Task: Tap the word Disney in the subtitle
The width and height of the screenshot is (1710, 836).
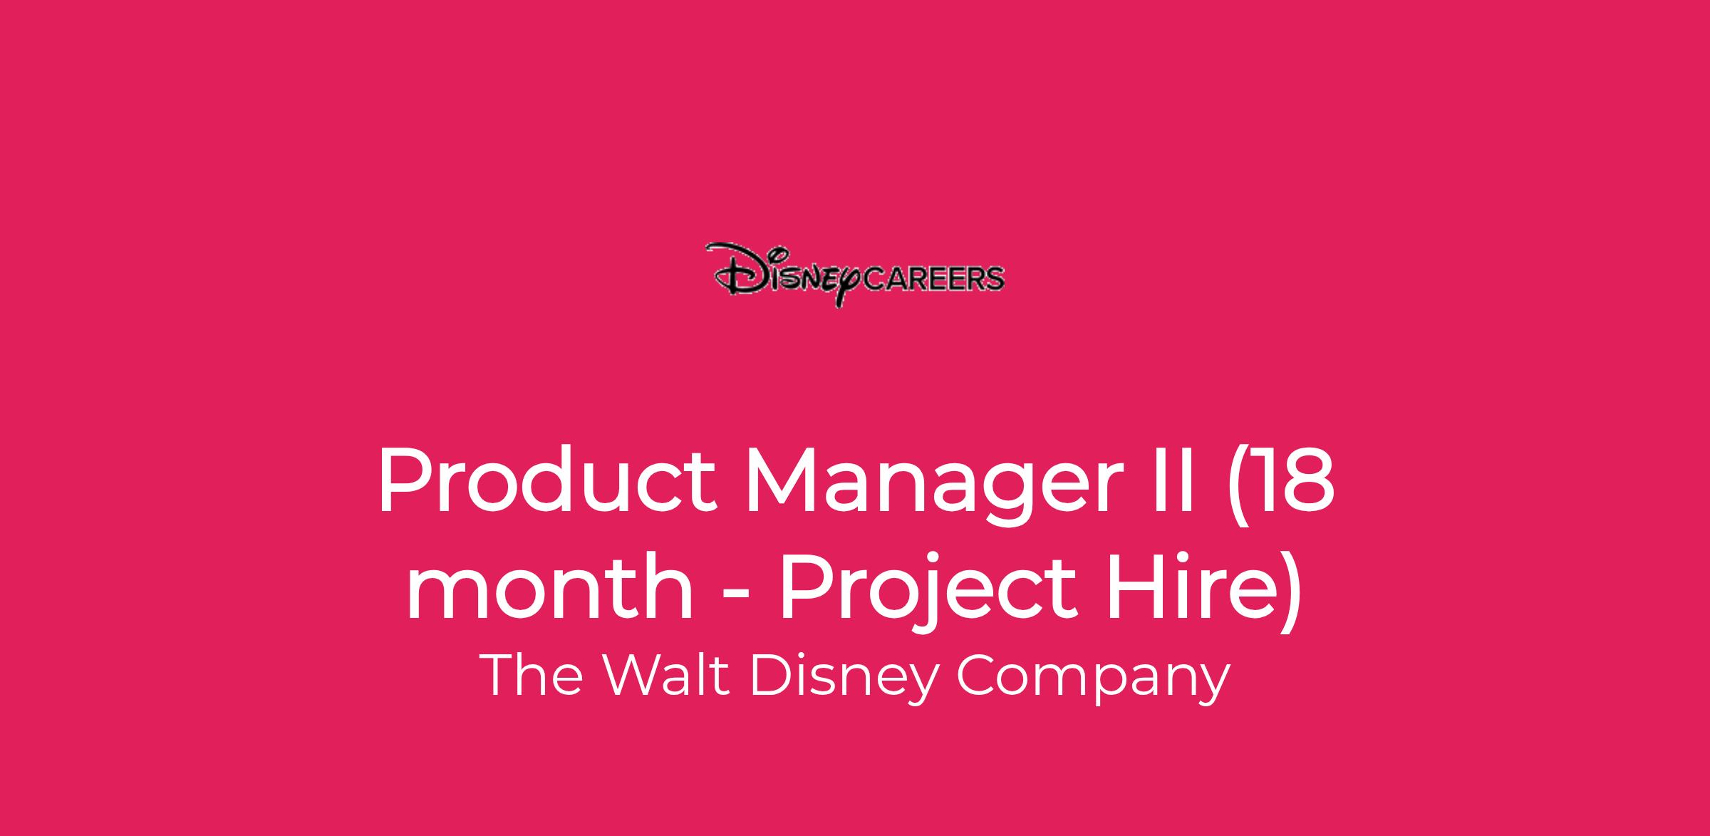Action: pos(841,678)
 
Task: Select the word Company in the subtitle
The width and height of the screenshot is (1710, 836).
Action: pos(1092,678)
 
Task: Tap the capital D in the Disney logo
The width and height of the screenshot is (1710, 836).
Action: pos(734,271)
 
